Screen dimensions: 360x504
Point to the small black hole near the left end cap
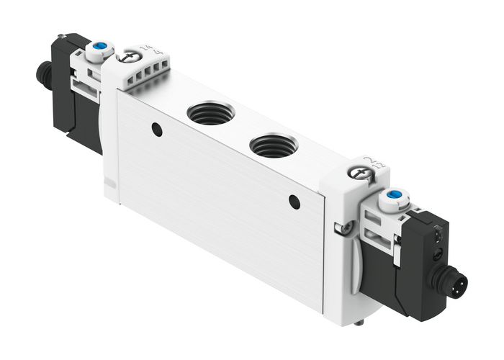click(156, 130)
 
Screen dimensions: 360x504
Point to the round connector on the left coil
click(42, 73)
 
